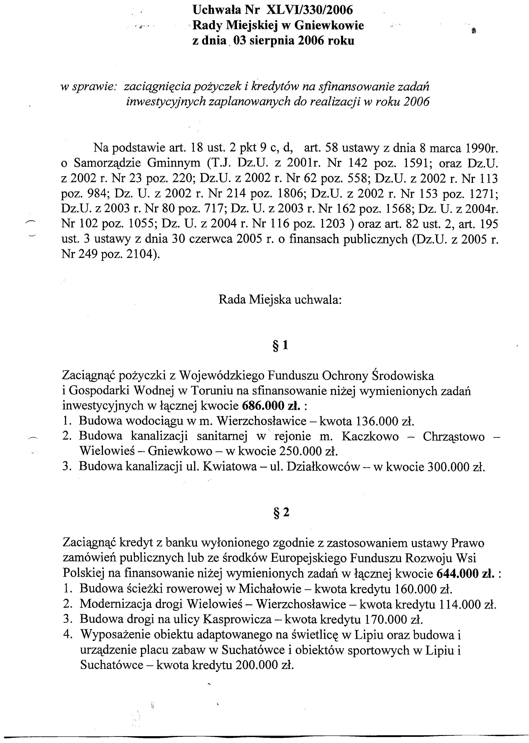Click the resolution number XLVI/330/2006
coord(309,10)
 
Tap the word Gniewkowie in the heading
coord(329,26)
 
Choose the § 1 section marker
coord(280,346)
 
